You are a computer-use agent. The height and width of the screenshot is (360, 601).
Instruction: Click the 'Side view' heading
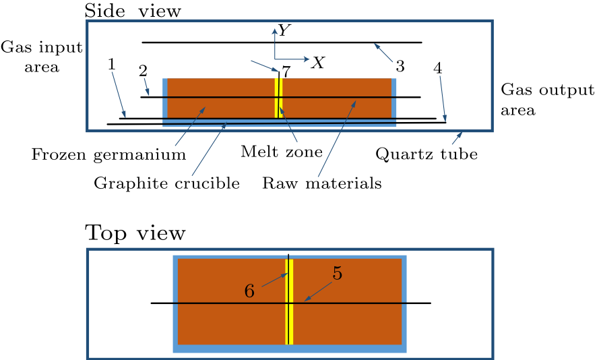coord(132,10)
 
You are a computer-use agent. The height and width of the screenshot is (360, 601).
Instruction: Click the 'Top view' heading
coord(135,233)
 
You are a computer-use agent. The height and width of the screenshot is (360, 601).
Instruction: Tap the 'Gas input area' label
coord(41,57)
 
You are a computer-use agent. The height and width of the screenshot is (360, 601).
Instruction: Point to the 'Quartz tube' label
coord(426,154)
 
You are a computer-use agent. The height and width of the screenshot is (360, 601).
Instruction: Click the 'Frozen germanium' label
coord(108,155)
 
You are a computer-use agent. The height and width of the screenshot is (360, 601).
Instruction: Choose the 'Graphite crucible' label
coord(166,183)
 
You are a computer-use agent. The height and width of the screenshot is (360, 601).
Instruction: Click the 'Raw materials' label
coord(322,183)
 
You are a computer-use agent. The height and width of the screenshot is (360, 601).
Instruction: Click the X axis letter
coord(317,63)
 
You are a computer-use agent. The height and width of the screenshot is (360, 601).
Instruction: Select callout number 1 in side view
coord(112,64)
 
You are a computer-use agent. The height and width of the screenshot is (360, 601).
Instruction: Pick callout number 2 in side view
coord(143,71)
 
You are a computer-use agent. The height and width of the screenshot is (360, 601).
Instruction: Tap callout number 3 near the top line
coord(400,66)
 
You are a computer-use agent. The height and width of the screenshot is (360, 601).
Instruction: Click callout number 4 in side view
coord(438,68)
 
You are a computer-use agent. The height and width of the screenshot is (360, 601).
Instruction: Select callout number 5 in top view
coord(338,274)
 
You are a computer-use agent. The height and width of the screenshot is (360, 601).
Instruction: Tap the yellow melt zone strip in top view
coord(289,317)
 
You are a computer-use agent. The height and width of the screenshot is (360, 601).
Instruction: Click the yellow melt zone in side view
coord(278,98)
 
